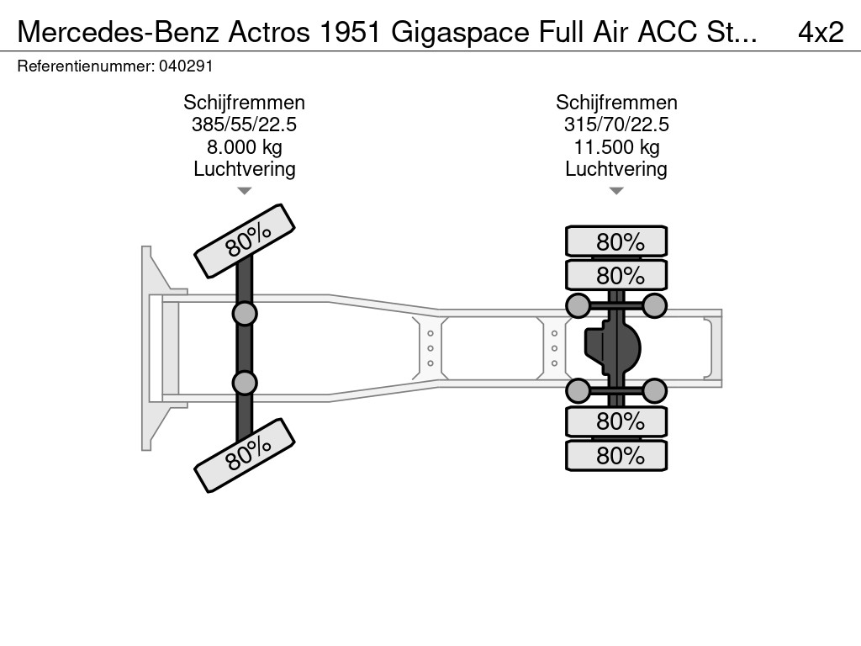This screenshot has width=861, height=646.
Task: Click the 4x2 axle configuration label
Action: pyautogui.click(x=820, y=32)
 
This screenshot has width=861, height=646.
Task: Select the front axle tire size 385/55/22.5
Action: pyautogui.click(x=245, y=125)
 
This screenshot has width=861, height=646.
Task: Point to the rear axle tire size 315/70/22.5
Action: pyautogui.click(x=616, y=125)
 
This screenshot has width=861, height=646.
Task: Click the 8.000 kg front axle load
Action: pyautogui.click(x=245, y=147)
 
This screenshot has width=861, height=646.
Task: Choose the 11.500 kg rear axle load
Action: pyautogui.click(x=616, y=147)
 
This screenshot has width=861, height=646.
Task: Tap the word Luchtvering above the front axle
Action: pyautogui.click(x=245, y=169)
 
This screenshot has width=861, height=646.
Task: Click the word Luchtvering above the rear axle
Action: pyautogui.click(x=616, y=169)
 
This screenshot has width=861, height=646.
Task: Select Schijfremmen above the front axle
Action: pyautogui.click(x=245, y=103)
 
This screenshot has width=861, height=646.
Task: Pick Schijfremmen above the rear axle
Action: pyautogui.click(x=616, y=103)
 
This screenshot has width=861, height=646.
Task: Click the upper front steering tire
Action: pyautogui.click(x=245, y=241)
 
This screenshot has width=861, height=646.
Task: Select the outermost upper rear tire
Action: pyautogui.click(x=616, y=241)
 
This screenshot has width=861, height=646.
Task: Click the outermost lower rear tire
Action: pyautogui.click(x=616, y=456)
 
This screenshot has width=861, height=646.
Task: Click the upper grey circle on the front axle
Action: pyautogui.click(x=245, y=315)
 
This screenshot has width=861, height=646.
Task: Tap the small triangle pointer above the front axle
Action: pyautogui.click(x=245, y=191)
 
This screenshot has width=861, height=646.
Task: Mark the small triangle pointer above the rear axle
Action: pyautogui.click(x=616, y=191)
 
